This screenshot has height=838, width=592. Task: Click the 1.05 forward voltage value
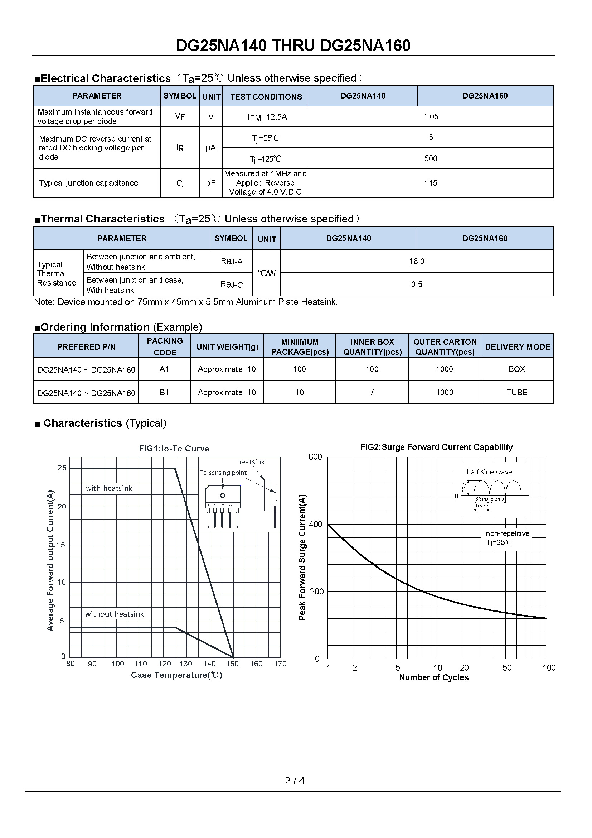(x=431, y=117)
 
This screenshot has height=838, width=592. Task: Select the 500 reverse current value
(x=431, y=158)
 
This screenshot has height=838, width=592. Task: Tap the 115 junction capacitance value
(x=431, y=183)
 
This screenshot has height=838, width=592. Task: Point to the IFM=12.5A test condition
(x=267, y=117)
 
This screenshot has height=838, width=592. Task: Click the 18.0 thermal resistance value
(x=416, y=261)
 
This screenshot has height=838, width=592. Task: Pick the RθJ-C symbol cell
(x=232, y=285)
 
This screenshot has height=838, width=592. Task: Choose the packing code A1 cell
(x=164, y=369)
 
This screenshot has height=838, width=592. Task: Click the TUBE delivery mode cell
(x=516, y=392)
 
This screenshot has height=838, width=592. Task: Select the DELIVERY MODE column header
(x=517, y=347)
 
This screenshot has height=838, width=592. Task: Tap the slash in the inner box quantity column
(x=372, y=392)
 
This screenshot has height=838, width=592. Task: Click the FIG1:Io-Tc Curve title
(x=174, y=449)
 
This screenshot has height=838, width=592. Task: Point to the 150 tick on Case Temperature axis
(x=232, y=664)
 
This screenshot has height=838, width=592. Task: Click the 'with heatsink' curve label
(x=109, y=488)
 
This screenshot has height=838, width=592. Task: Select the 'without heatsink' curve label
(x=115, y=614)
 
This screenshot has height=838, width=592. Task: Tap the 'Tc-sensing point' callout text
(x=223, y=473)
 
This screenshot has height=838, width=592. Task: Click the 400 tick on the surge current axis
(x=316, y=524)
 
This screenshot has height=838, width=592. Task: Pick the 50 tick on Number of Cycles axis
(x=507, y=668)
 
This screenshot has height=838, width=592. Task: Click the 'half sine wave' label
(x=489, y=472)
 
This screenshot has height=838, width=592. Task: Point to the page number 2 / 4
(x=295, y=781)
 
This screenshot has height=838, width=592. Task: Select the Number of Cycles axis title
(x=434, y=677)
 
